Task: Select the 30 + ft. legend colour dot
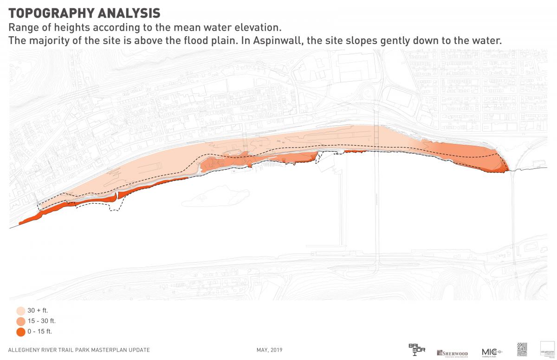pos(21,311)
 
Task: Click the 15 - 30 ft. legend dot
pos(21,321)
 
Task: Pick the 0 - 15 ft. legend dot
pos(21,332)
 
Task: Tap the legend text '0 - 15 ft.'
pos(40,332)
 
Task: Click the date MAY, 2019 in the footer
pos(269,350)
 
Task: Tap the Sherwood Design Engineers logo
pos(452,353)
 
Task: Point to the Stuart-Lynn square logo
pos(548,349)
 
